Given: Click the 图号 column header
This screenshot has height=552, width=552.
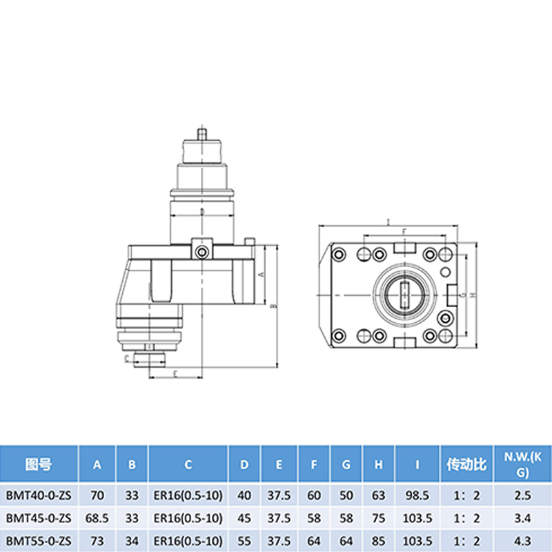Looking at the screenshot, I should click(x=39, y=464).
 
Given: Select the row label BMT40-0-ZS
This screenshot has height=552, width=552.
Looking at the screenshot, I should click(x=39, y=495).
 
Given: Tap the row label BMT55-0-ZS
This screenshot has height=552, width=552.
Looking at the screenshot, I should click(x=39, y=539).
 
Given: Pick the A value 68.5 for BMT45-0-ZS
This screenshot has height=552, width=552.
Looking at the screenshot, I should click(x=97, y=517).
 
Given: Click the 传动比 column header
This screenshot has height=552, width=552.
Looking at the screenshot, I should click(x=467, y=464).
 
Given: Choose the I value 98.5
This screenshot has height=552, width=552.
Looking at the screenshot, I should click(x=417, y=495).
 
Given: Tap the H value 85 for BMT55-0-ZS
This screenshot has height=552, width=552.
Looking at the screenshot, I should click(x=378, y=539).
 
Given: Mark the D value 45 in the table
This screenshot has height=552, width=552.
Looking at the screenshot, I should click(x=244, y=517).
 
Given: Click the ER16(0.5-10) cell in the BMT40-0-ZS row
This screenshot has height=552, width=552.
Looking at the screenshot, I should click(x=188, y=495).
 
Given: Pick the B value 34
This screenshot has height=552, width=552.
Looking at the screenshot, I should click(x=132, y=539).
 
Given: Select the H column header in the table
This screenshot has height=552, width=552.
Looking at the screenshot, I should click(x=378, y=464).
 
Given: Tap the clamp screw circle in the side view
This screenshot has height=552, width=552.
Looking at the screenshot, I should click(x=201, y=253).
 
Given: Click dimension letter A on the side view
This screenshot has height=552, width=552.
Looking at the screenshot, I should click(x=262, y=274).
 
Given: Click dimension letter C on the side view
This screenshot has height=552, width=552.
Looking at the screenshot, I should click(x=127, y=359).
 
